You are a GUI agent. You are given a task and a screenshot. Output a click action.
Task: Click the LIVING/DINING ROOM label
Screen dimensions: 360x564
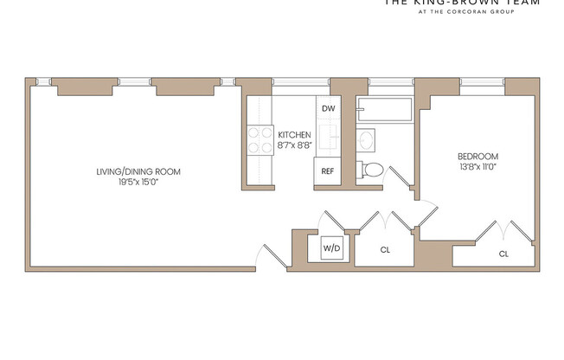point(138,171)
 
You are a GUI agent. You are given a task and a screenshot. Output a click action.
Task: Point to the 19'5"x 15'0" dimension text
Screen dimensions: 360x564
point(138,183)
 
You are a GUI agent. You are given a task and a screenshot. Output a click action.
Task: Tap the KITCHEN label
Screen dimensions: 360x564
point(294,134)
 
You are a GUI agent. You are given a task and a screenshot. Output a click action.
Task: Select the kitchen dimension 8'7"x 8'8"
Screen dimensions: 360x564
point(294,145)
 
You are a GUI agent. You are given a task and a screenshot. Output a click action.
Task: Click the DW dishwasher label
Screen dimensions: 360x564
point(328,108)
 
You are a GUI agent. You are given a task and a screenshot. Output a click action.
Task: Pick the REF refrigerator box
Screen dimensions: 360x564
point(328,170)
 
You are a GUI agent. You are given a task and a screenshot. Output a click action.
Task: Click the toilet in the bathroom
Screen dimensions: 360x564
point(371,169)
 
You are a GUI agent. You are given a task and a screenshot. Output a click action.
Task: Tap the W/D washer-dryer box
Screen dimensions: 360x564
point(332,248)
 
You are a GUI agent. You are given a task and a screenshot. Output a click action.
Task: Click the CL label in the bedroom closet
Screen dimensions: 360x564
point(503,254)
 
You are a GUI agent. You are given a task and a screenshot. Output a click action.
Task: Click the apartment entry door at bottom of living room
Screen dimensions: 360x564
point(269,256)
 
